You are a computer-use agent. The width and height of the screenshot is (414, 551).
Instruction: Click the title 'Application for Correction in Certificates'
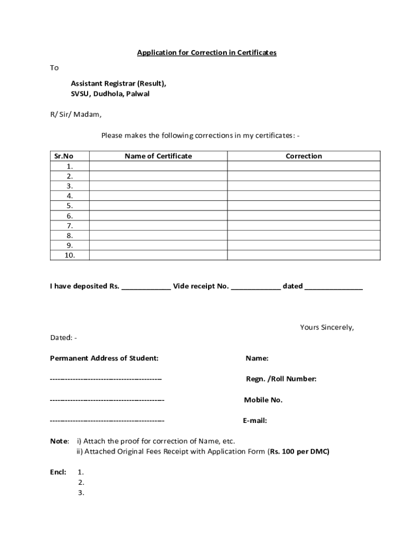coord(206,53)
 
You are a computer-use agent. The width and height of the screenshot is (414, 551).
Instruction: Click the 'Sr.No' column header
coord(63,156)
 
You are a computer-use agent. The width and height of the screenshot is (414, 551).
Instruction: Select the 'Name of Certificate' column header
coord(158,156)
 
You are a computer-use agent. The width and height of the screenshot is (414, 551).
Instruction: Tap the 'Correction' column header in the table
coord(303,156)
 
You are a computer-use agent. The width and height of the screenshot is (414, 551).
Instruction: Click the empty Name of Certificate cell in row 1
coord(158,166)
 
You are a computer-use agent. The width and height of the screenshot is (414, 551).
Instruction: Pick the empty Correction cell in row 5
coord(303,206)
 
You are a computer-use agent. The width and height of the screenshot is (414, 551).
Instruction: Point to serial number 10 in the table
coord(70,255)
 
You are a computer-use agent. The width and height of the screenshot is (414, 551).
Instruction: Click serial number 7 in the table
coord(70,225)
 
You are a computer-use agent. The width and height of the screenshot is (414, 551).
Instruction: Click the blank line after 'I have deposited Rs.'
coord(146,287)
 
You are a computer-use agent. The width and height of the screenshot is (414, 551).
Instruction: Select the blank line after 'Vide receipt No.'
coord(255,287)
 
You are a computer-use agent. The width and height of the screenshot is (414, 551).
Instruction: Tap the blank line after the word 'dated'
coord(333,287)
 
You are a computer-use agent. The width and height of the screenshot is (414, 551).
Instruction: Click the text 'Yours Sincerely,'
coord(327,327)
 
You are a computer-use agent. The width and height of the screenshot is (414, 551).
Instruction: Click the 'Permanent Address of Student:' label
coord(104,358)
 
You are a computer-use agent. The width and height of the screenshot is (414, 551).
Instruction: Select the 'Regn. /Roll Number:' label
coord(281,379)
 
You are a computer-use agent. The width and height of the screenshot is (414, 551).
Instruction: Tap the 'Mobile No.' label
coord(263,400)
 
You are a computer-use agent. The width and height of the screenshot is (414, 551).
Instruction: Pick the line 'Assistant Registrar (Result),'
coord(118,83)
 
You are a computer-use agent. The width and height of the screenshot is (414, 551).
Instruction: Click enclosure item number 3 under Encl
coord(81,492)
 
